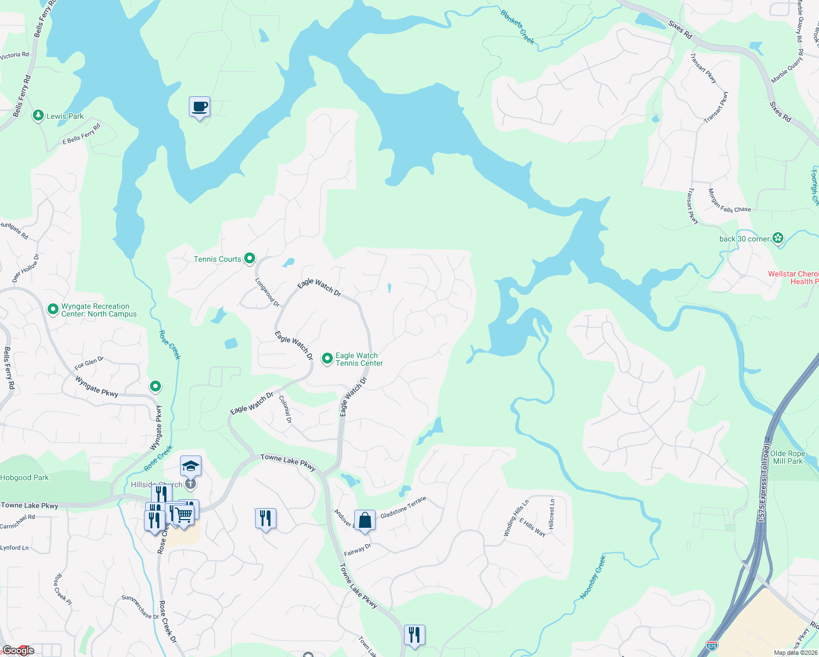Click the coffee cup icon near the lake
200,107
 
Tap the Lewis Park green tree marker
38,116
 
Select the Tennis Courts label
217,259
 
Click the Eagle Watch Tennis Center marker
327,359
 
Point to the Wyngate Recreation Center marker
53,309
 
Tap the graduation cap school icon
191,466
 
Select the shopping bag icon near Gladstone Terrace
365,521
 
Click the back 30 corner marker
778,238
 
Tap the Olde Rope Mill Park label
787,457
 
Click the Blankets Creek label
517,26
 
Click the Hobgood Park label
25,477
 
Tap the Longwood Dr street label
267,292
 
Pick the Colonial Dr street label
285,410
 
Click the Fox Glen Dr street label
89,363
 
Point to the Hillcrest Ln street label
552,514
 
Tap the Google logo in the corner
19,650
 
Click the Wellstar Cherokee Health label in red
793,278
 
